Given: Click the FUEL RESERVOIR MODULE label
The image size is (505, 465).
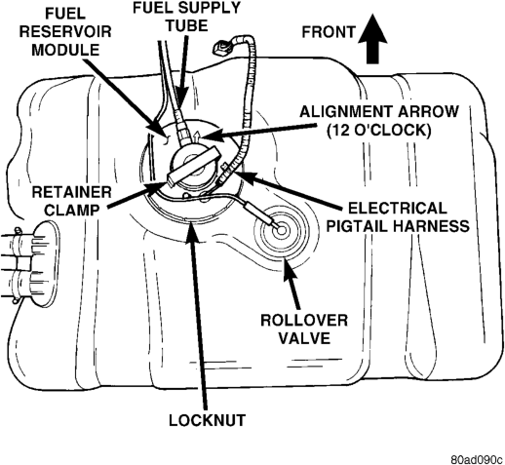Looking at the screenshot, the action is [65, 31].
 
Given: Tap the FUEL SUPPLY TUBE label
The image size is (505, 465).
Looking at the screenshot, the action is [186, 17].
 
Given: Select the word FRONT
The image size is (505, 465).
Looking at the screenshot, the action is [329, 32].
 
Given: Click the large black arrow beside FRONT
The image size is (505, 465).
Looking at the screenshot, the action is [372, 39].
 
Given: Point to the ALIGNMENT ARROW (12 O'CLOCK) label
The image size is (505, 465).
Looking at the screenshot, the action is [379, 121].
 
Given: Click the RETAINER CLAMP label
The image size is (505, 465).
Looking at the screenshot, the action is [71, 201].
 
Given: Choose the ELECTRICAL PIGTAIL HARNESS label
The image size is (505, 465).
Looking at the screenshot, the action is [398, 217].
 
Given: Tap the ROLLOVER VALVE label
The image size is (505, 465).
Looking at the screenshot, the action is [304, 329].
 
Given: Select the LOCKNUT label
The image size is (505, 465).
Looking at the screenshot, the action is [207, 420].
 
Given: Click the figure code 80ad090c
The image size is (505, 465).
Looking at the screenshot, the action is [477, 460].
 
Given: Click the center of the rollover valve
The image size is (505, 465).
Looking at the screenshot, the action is [281, 230].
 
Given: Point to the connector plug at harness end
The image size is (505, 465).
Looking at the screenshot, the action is [221, 48].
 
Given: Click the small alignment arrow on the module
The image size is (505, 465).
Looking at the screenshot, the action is [195, 136].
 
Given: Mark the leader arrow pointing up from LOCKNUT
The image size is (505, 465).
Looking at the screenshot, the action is [197, 313].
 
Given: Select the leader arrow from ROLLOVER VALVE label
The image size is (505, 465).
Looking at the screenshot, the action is [291, 280].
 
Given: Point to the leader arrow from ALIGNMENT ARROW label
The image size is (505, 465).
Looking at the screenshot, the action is [258, 133].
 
